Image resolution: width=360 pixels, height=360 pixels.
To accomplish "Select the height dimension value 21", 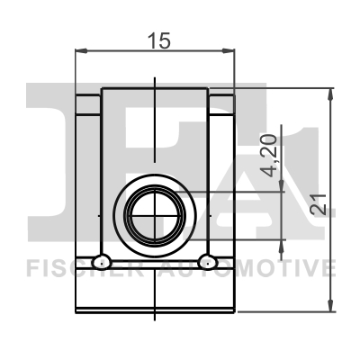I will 318,206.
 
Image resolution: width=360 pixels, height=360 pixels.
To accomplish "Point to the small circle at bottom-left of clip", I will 103,262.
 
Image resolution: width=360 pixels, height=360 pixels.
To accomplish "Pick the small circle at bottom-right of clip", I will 209,262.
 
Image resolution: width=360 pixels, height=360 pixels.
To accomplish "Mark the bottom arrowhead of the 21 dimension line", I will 332,305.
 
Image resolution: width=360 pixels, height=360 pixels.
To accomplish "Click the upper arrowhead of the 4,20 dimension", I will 286,184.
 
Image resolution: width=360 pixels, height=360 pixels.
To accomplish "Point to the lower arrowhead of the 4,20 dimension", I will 286,247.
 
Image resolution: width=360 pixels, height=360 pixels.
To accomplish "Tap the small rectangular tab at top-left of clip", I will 87,105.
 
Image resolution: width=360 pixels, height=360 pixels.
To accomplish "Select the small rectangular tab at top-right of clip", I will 222,105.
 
